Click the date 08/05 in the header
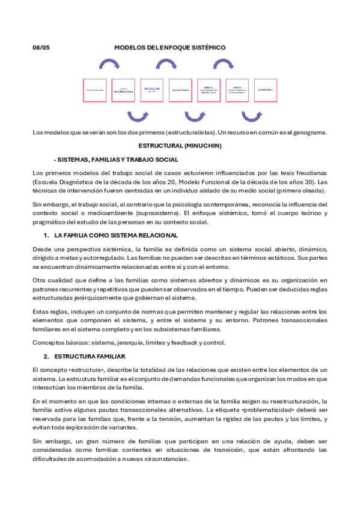[40, 47]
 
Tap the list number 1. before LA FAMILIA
[47, 235]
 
